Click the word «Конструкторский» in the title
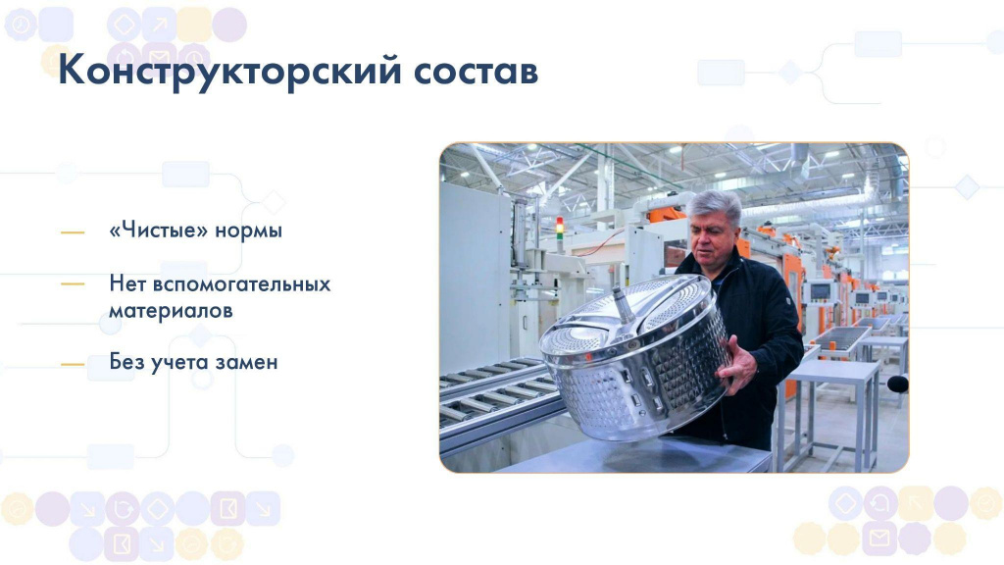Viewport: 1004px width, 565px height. (x=229, y=71)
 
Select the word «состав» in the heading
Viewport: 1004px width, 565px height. (x=476, y=72)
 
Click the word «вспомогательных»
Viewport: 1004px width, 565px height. (x=243, y=283)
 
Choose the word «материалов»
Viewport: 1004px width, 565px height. (x=171, y=311)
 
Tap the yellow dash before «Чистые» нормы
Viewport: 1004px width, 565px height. (x=73, y=232)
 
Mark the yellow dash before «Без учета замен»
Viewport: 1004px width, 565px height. (x=73, y=365)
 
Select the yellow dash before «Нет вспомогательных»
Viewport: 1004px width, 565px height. (x=73, y=283)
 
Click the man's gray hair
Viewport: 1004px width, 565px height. (x=714, y=205)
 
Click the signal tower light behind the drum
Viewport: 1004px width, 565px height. (x=560, y=229)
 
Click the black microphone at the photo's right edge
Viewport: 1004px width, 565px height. (x=898, y=384)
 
